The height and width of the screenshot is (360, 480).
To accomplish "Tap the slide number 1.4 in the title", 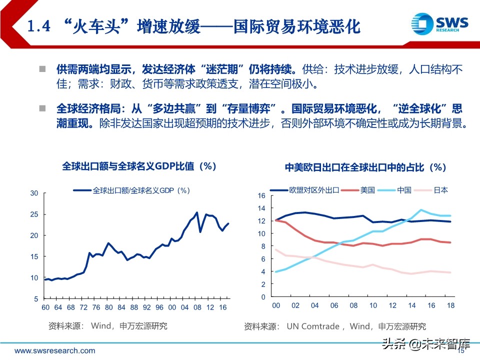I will tap(38, 26).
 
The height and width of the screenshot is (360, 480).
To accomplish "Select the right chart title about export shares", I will tap(365, 167).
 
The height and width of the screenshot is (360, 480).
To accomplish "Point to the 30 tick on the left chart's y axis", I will tap(34, 193).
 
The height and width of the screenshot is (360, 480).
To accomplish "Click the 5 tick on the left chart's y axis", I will tap(35, 299).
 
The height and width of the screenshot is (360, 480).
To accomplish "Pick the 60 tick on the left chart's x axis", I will tap(45, 307).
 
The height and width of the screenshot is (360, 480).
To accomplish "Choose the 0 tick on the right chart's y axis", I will tap(263, 297).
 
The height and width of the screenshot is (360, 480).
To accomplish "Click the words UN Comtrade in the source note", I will tap(313, 326).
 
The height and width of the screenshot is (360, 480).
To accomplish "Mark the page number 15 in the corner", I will tap(461, 351).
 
